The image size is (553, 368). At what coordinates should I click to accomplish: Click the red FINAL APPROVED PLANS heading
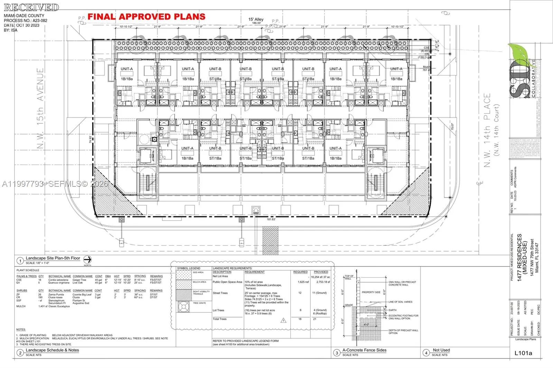146,17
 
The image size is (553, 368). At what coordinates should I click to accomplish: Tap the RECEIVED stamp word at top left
31,7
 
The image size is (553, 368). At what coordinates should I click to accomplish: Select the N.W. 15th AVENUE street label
40,108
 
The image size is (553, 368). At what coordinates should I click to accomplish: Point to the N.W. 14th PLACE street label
487,130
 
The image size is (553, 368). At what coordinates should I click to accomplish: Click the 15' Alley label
256,19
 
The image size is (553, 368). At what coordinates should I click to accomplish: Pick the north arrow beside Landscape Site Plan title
87,260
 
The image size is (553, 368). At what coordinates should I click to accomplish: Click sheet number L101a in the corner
523,353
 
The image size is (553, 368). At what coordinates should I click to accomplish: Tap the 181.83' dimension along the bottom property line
271,219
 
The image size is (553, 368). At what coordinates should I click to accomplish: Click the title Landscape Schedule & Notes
52,350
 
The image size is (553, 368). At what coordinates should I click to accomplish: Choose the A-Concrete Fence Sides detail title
364,350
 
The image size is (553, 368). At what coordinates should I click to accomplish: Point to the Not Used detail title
441,350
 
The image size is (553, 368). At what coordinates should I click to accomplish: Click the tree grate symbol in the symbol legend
184,307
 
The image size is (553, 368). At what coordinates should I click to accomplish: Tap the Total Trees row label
219,319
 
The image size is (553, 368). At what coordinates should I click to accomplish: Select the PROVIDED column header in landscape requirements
321,272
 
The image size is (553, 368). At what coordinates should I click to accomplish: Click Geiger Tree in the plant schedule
79,280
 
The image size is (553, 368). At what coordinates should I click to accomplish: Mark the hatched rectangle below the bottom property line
270,236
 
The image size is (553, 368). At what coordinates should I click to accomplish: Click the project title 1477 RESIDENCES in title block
519,257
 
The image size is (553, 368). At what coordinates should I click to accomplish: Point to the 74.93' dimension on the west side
90,140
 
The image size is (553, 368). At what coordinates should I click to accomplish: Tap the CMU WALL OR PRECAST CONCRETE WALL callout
402,283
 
